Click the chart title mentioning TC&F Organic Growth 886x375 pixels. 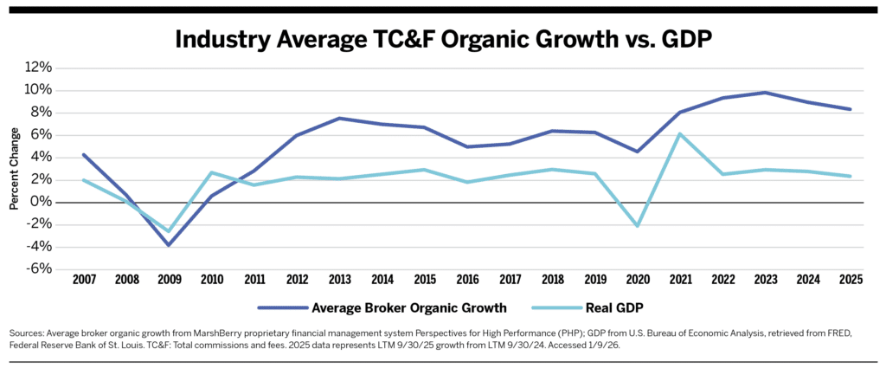[442, 39]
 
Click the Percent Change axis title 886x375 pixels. [14, 168]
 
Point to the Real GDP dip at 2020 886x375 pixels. [638, 225]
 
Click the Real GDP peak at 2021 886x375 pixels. [681, 133]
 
